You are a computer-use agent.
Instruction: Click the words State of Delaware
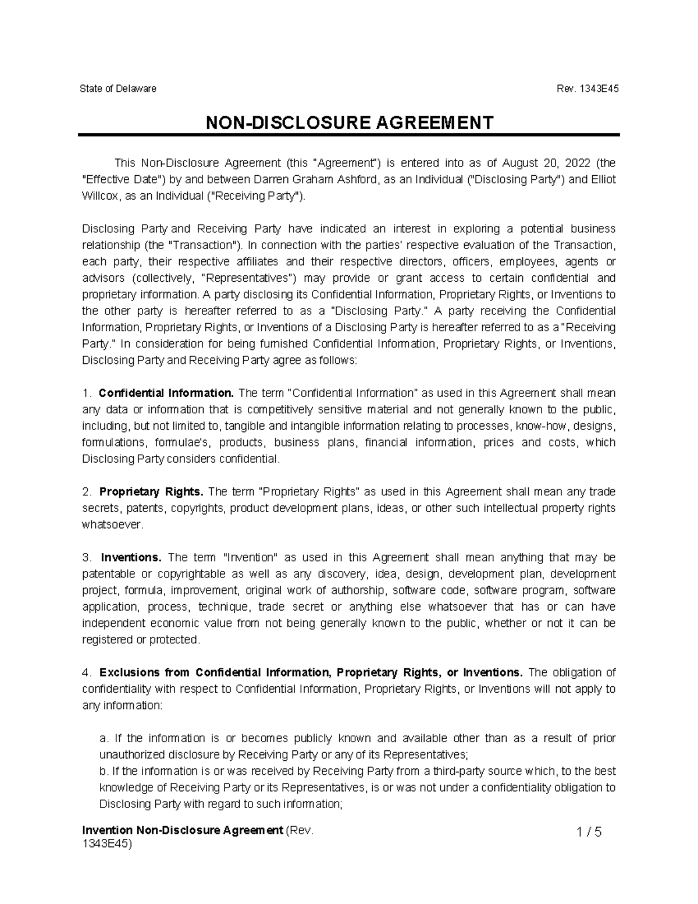coord(118,89)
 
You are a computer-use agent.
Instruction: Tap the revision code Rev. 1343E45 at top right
coord(588,89)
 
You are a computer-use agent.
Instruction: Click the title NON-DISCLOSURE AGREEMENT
coord(349,122)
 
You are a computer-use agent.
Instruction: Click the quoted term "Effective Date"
coord(124,179)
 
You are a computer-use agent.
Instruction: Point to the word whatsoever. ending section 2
coord(112,525)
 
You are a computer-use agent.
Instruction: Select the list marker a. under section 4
coord(104,739)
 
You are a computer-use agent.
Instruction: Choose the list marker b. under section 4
coord(104,771)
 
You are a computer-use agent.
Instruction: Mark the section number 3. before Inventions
coord(87,558)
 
